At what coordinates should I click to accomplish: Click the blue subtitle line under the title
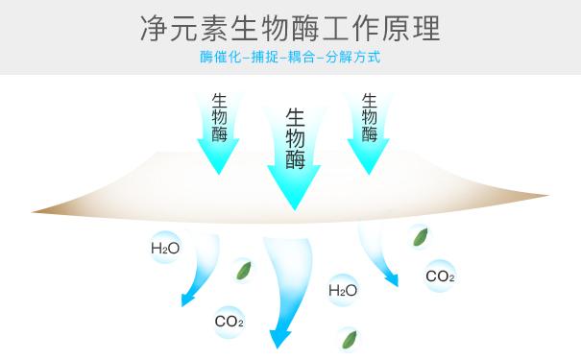[290, 58]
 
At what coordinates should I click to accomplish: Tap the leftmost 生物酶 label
[220, 116]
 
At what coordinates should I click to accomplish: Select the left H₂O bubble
[165, 249]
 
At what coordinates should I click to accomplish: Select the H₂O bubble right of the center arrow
[343, 290]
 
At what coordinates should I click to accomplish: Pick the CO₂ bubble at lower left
[229, 322]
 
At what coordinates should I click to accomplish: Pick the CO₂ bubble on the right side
[440, 276]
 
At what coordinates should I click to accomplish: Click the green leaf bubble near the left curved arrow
[245, 271]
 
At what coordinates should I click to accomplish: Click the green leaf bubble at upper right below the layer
[420, 235]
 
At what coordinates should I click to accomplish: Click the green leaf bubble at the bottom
[348, 339]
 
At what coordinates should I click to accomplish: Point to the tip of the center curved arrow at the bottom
[279, 344]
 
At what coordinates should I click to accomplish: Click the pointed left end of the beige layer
[35, 211]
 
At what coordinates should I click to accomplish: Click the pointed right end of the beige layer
[547, 195]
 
